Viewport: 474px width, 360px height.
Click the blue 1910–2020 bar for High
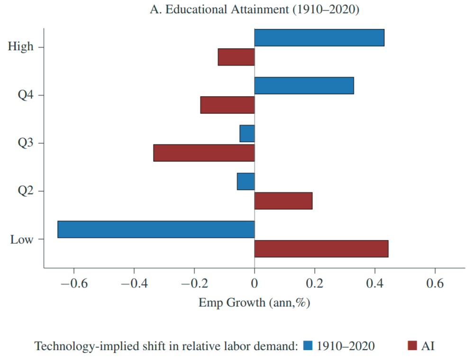[319, 37]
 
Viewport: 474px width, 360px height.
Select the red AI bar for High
[236, 57]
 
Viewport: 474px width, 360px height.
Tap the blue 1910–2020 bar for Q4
[304, 85]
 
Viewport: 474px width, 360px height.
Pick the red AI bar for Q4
[228, 105]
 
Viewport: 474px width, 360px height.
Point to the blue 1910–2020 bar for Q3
[247, 134]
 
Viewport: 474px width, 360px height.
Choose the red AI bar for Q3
[204, 153]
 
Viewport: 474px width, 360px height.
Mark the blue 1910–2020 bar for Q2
[246, 181]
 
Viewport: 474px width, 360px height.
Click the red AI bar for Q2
[283, 201]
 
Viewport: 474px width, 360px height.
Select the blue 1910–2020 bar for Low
[156, 229]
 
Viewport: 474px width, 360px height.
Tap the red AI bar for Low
[321, 249]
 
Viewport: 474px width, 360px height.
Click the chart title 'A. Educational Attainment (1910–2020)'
[254, 10]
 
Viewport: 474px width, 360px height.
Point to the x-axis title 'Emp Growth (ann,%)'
[254, 303]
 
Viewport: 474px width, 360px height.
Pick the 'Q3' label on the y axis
[26, 143]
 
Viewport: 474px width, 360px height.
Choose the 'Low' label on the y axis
[22, 239]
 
